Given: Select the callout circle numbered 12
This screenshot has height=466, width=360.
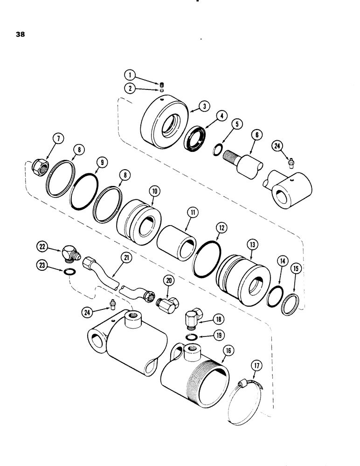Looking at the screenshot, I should tap(221, 228).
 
